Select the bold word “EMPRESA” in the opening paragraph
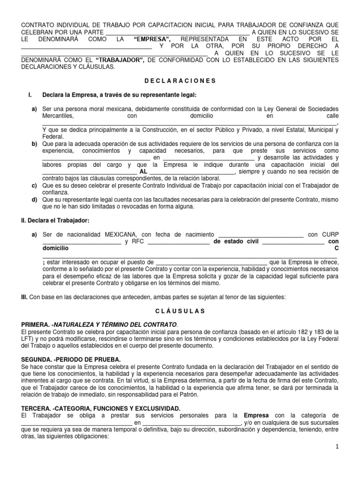pos(152,38)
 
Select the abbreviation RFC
pos(137,242)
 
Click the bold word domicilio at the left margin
pos(55,248)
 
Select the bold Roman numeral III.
pos(25,297)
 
